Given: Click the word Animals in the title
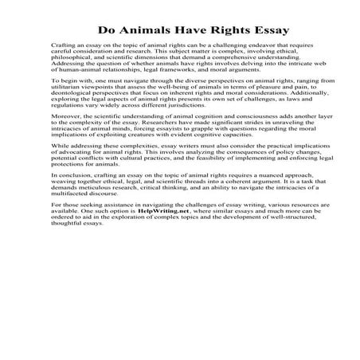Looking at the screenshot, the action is pos(153,31).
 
